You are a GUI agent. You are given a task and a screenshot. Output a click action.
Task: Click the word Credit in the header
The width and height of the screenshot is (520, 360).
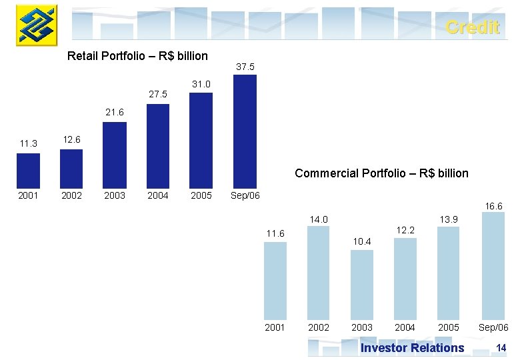coord(472,27)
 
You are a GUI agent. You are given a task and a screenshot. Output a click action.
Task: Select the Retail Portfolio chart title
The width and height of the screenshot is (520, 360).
coord(138,56)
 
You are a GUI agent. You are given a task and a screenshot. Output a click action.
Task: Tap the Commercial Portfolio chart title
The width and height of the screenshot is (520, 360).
coord(381,173)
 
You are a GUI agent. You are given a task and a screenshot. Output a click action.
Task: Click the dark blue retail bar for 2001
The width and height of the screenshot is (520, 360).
coord(28,171)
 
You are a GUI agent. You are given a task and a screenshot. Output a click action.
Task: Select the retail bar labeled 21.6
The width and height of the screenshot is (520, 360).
coord(115,155)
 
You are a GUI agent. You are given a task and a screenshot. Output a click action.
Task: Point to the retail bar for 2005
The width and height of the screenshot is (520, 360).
coord(201,140)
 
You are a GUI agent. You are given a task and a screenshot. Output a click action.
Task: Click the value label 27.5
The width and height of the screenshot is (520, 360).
coord(158,95)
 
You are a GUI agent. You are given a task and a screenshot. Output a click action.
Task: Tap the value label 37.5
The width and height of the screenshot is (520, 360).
coord(245,67)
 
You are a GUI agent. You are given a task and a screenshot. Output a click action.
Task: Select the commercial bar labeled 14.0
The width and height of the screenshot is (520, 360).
coord(319,273)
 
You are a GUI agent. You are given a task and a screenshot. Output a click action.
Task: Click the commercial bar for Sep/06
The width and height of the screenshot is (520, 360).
coord(493,266)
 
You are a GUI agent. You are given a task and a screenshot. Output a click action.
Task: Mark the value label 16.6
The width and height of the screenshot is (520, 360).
coord(493,207)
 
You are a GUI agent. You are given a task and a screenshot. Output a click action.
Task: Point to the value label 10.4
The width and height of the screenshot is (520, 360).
coord(362,242)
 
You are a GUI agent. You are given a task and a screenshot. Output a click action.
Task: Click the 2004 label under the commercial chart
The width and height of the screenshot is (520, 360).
coord(405,327)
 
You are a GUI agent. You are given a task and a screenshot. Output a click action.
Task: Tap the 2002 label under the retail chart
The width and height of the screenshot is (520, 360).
coord(71,196)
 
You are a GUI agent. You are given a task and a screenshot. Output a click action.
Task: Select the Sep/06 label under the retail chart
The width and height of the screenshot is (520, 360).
coord(245,196)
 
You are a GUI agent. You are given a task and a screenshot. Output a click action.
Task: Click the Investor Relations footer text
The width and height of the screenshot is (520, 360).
coord(412,347)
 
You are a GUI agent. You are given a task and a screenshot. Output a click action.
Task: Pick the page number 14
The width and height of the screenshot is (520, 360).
coord(501,347)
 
